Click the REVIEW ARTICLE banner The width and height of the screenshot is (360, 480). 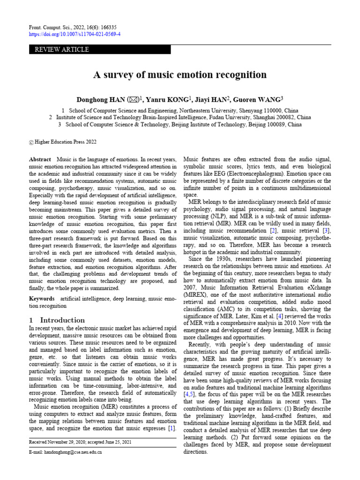[99, 50]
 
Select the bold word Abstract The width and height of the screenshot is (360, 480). [40, 159]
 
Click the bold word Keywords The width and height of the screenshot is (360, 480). [42, 299]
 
